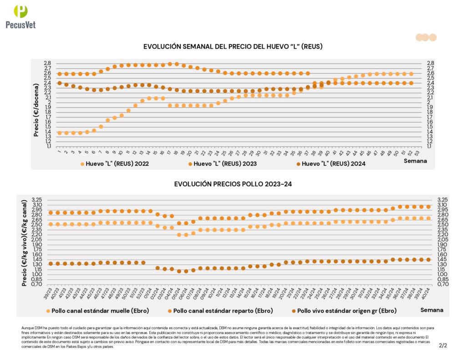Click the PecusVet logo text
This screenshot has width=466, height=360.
point(20,25)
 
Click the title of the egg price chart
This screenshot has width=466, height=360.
point(233,46)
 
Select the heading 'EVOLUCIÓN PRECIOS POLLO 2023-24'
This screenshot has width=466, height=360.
point(233,184)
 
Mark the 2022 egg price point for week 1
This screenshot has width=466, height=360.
point(60,133)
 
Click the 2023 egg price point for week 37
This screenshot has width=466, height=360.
point(308,73)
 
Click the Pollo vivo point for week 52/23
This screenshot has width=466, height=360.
point(143,263)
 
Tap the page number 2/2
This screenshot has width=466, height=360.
point(443,345)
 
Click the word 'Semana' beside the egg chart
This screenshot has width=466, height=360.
point(415,161)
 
